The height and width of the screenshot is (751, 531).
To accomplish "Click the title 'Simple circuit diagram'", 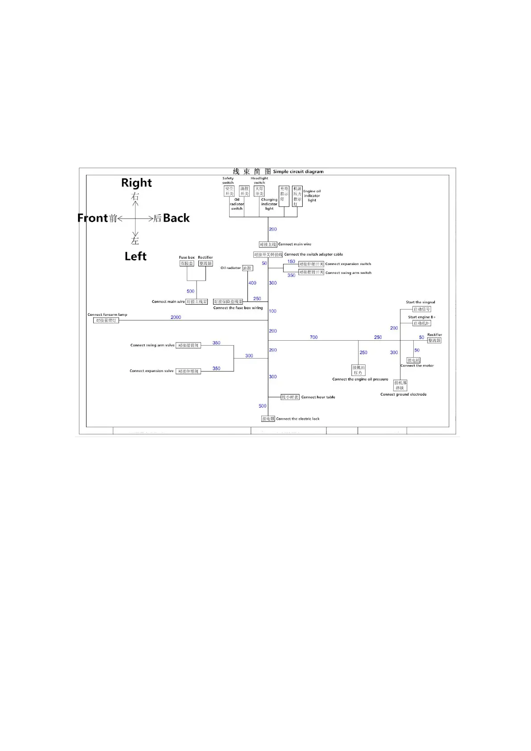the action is (x=298, y=172).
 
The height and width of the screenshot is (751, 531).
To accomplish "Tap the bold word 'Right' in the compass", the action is (x=136, y=183).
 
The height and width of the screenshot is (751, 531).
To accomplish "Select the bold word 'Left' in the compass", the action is (x=136, y=256).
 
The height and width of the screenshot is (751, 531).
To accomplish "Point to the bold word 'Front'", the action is (x=93, y=218).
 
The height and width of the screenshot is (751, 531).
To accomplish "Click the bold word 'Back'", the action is (x=176, y=218).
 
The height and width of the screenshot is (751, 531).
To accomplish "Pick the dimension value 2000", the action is (x=176, y=317).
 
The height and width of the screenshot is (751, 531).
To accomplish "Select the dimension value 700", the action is (x=313, y=337).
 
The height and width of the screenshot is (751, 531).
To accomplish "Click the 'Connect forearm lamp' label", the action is (x=107, y=314).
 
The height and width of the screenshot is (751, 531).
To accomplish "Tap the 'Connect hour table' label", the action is (x=318, y=397).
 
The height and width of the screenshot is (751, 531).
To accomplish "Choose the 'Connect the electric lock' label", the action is (x=297, y=419).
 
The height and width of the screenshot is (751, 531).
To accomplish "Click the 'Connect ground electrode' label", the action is (x=403, y=394).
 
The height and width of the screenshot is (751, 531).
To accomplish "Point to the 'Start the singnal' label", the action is (x=420, y=302).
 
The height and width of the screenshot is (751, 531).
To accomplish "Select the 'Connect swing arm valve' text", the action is (x=152, y=345).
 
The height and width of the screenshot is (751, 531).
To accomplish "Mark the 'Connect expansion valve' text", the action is (x=152, y=371).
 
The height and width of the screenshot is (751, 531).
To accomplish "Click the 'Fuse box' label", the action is (x=187, y=257).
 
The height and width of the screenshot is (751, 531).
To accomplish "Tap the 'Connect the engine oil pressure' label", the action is (x=360, y=379).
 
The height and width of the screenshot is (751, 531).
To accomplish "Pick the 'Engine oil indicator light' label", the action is (x=312, y=196).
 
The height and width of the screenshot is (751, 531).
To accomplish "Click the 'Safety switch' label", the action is (x=228, y=180).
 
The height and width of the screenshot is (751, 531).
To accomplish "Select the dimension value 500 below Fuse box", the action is (x=190, y=291).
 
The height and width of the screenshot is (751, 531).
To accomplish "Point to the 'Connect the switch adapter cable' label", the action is (x=313, y=254).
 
